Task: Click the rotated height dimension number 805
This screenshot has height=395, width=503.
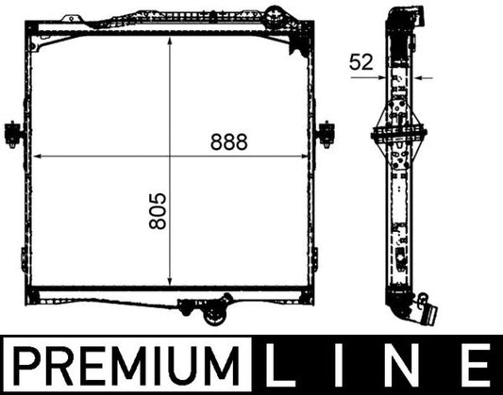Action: (157, 214)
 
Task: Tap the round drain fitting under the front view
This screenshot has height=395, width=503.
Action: (225, 304)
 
